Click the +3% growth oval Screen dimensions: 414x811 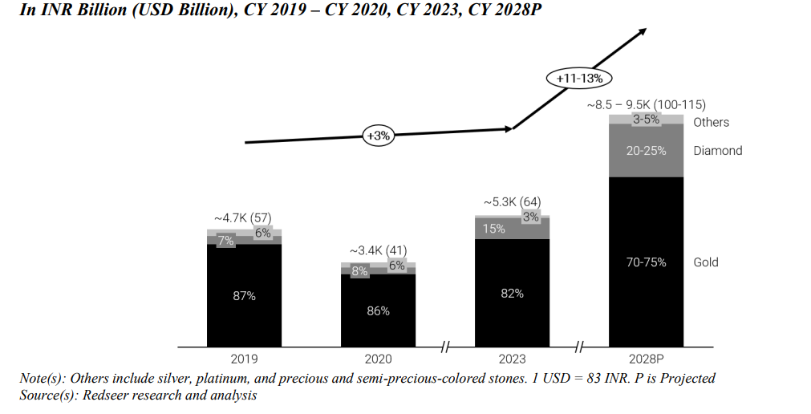pyautogui.click(x=378, y=136)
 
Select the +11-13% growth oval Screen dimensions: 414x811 pyautogui.click(x=579, y=79)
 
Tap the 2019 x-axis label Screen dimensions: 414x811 pyautogui.click(x=244, y=358)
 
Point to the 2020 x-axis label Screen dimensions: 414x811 pyautogui.click(x=378, y=358)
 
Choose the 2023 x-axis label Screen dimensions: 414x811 pyautogui.click(x=512, y=358)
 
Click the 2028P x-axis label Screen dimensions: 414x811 pyautogui.click(x=647, y=358)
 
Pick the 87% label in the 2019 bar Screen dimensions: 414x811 pyautogui.click(x=244, y=296)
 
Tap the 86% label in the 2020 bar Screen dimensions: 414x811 pyautogui.click(x=378, y=310)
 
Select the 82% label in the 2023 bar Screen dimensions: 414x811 pyautogui.click(x=512, y=294)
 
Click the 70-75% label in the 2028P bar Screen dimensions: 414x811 pyautogui.click(x=647, y=262)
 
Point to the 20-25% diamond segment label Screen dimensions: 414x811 pyautogui.click(x=647, y=151)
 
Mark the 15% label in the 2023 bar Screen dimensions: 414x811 pyautogui.click(x=494, y=229)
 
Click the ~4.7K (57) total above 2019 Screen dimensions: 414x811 pyautogui.click(x=244, y=217)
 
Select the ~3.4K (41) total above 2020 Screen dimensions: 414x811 pyautogui.click(x=378, y=250)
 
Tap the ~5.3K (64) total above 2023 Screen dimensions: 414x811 pyautogui.click(x=512, y=201)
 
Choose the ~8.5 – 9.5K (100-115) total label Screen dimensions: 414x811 pyautogui.click(x=647, y=105)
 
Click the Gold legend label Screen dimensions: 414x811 pyautogui.click(x=706, y=262)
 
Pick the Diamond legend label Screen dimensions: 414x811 pyautogui.click(x=718, y=151)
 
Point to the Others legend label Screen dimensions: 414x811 pyautogui.click(x=712, y=122)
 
